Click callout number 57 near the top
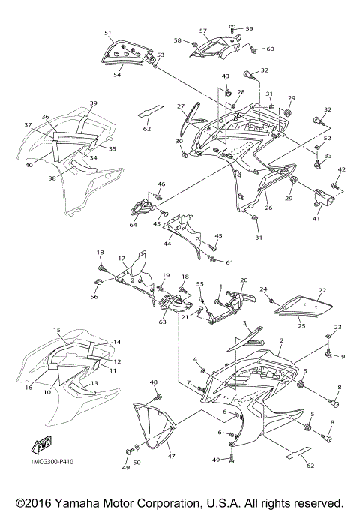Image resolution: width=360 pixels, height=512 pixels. pyautogui.click(x=202, y=31)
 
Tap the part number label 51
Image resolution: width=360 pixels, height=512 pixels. pyautogui.click(x=108, y=33)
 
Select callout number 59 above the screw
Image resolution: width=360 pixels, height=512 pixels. pyautogui.click(x=250, y=28)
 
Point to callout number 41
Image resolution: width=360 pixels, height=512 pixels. pyautogui.click(x=316, y=219)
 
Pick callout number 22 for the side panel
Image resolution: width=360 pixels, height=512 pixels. pyautogui.click(x=323, y=291)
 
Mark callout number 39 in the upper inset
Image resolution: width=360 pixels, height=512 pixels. pyautogui.click(x=94, y=103)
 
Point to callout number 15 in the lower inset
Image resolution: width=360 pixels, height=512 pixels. pyautogui.click(x=56, y=330)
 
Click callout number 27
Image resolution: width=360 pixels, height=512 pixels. pyautogui.click(x=181, y=106)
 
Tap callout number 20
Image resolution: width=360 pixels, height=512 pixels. pyautogui.click(x=243, y=280)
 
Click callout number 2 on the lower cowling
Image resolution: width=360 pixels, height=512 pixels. pyautogui.click(x=280, y=340)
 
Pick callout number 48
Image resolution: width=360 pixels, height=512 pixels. pyautogui.click(x=154, y=382)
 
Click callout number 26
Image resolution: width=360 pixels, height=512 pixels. pyautogui.click(x=268, y=208)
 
